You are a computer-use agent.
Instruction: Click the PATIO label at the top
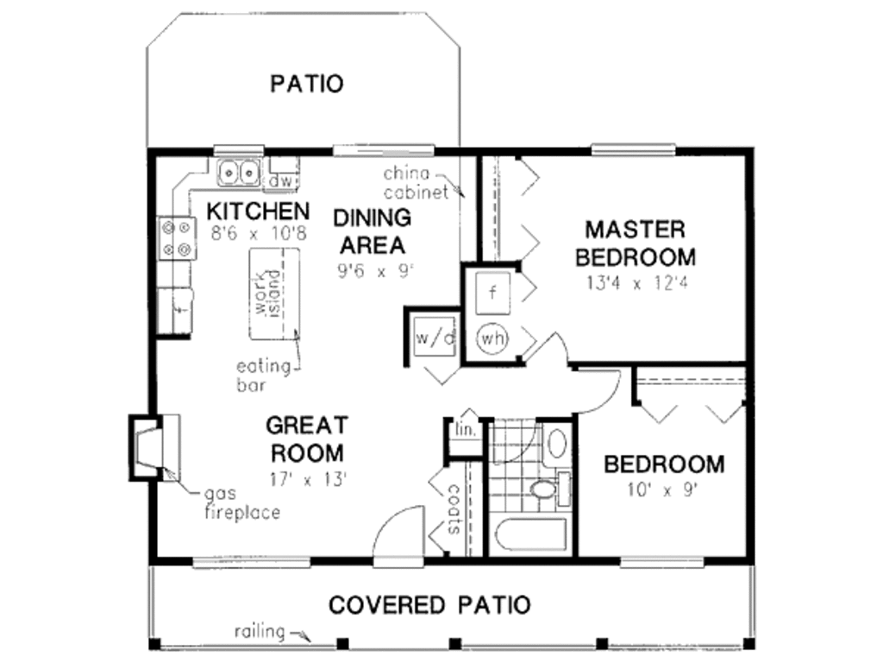coord(307,84)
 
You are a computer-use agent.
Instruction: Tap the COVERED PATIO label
coord(429,604)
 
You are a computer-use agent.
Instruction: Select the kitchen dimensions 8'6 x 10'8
coord(256,233)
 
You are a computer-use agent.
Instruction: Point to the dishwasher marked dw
coord(283,181)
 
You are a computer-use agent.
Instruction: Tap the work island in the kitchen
coord(275,294)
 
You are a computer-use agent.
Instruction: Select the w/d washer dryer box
coord(434,338)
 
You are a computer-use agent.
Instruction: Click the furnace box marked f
coord(492,291)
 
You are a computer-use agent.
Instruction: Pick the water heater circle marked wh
coord(492,338)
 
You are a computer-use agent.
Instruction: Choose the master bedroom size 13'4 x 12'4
coord(636,282)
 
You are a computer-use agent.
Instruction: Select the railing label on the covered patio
coord(260,631)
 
